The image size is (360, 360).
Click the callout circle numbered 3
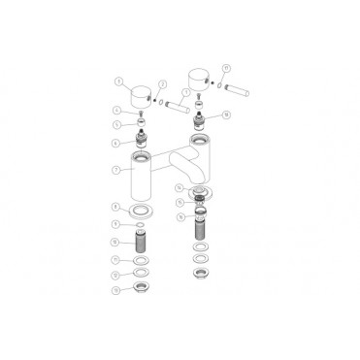[x=118, y=82]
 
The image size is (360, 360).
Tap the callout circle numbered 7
[x=116, y=170]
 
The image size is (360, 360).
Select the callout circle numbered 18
[x=226, y=115]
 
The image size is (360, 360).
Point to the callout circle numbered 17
[x=225, y=68]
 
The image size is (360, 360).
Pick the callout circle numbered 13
[x=116, y=289]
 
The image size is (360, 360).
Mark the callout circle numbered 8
[x=116, y=207]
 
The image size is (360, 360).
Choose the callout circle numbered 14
[x=180, y=187]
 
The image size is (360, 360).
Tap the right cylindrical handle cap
[x=199, y=79]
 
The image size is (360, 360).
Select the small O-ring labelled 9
[x=142, y=225]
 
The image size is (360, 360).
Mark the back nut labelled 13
[x=142, y=289]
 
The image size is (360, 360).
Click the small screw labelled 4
[x=141, y=114]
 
